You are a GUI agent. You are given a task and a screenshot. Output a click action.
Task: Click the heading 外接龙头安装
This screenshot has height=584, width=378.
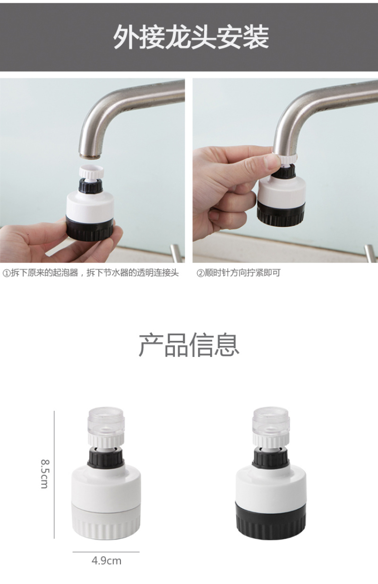[x=191, y=37]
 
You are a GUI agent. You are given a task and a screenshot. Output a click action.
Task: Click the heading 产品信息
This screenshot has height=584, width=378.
[x=189, y=345]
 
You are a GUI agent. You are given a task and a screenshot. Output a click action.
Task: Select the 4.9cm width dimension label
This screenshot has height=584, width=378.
[x=106, y=560]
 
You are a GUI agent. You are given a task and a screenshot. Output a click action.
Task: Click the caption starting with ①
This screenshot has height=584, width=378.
[x=91, y=273]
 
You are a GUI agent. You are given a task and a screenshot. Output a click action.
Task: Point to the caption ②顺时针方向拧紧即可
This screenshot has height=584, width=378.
[x=239, y=273]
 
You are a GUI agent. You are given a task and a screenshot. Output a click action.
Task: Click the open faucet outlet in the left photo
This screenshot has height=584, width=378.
[x=90, y=156]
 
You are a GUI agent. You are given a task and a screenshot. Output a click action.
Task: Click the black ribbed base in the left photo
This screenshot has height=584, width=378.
[x=90, y=229]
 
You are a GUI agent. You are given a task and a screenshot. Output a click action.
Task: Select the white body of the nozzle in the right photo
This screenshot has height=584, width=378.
[x=282, y=191]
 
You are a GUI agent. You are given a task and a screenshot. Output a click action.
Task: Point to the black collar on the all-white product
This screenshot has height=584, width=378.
[x=106, y=457]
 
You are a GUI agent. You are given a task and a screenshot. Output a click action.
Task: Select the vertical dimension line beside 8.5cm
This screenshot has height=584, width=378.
[x=54, y=471]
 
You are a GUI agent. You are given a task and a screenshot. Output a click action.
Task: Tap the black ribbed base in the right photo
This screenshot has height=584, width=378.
[x=281, y=214]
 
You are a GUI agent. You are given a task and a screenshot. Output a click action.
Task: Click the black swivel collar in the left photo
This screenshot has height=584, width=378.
[x=91, y=186]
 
